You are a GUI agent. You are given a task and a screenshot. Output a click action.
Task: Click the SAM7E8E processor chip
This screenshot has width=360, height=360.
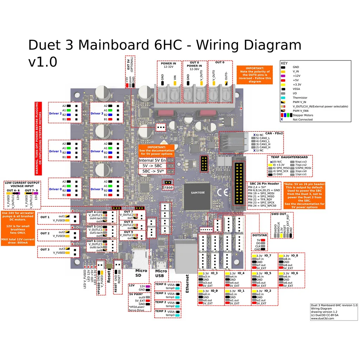(x=197, y=193)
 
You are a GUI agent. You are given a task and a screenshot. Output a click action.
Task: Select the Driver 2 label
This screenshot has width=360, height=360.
(x=55, y=113)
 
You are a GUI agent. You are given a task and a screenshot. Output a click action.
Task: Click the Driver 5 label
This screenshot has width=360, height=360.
(x=97, y=189)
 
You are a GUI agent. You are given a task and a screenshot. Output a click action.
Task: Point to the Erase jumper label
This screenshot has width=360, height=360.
(x=168, y=187)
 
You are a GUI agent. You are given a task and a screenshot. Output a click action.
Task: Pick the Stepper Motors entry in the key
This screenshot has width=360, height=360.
(x=305, y=115)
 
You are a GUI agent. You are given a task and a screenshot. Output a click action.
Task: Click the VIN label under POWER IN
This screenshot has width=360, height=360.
(x=174, y=77)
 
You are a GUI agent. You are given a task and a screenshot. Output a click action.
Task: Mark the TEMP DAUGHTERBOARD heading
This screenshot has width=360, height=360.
(x=289, y=157)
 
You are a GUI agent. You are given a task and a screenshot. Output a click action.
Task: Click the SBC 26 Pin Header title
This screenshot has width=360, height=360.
(x=264, y=184)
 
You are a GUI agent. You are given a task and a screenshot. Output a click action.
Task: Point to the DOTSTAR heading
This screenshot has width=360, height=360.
(x=259, y=235)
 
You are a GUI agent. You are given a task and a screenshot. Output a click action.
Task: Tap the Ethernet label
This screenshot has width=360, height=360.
(x=187, y=283)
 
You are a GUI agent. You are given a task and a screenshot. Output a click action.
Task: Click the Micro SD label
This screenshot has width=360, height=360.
(x=141, y=273)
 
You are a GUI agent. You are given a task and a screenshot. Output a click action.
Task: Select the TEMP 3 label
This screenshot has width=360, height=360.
(x=160, y=311)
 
